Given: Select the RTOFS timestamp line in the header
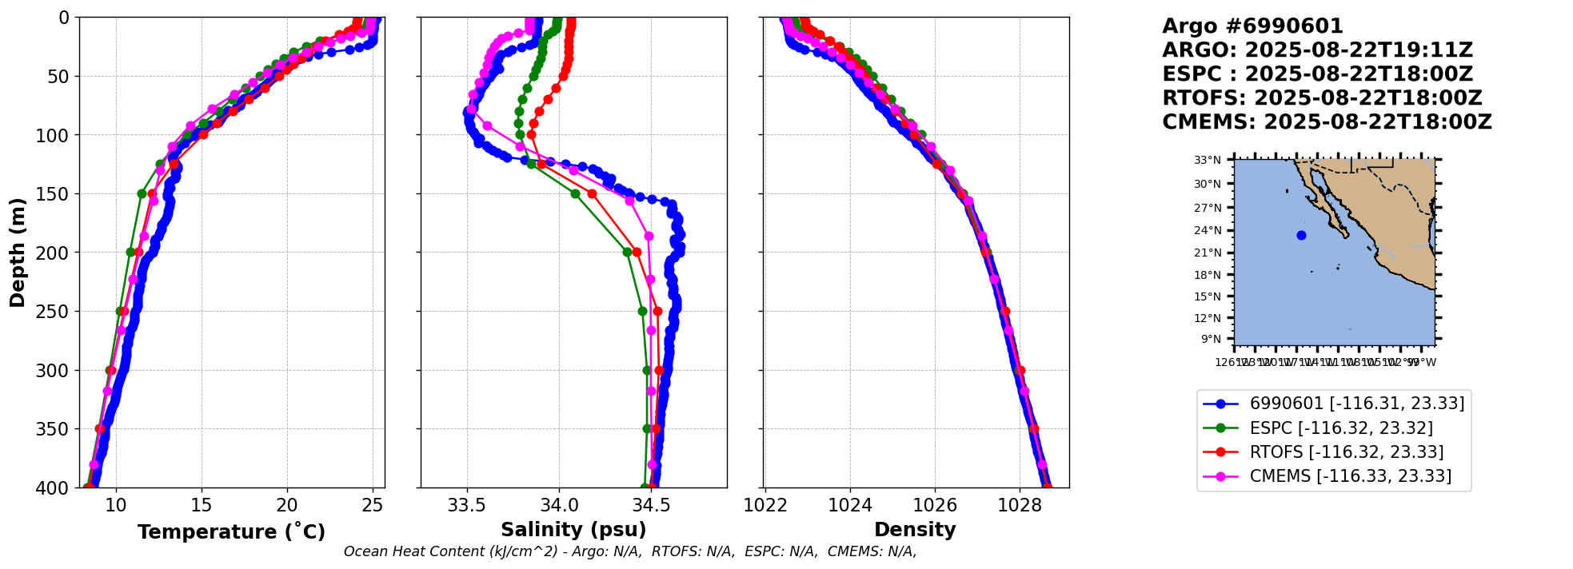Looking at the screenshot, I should (1322, 98).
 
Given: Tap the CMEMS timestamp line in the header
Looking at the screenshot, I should (1327, 122).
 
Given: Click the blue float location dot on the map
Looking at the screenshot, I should (1301, 235).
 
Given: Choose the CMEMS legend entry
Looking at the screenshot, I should (1350, 476).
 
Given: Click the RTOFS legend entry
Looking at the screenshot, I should (1346, 452).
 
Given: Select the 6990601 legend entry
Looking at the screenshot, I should (1356, 404).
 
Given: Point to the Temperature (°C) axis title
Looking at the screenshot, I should (231, 531).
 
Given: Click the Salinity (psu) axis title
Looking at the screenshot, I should (573, 530).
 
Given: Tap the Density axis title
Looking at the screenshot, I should (915, 530).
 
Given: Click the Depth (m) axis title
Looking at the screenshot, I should (18, 253).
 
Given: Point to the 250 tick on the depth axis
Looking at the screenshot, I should (58, 312).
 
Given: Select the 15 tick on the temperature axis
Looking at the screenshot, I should (202, 505).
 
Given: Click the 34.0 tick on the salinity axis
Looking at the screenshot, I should (559, 505).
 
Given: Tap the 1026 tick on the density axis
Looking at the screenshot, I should (935, 505).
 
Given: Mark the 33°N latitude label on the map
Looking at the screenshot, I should (1208, 160).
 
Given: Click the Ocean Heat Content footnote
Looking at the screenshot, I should (630, 551).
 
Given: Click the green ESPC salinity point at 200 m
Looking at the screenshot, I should (627, 252).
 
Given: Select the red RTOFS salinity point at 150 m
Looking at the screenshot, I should (592, 193).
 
